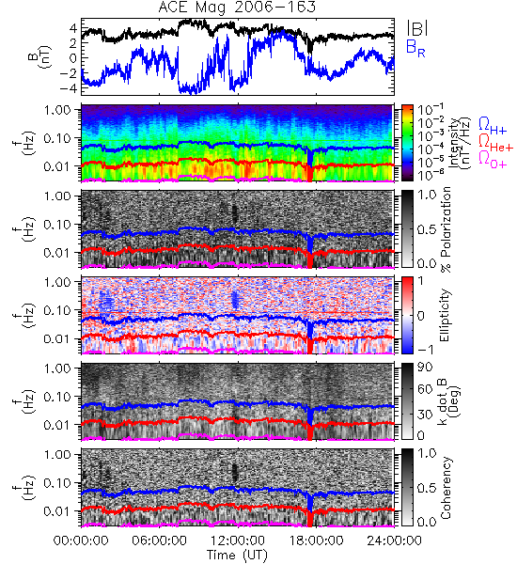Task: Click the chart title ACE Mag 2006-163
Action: pyautogui.click(x=237, y=8)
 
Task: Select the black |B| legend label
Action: pyautogui.click(x=417, y=28)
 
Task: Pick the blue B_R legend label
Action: pyautogui.click(x=415, y=48)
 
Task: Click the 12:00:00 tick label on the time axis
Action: pyautogui.click(x=238, y=540)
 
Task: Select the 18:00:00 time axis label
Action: pyautogui.click(x=316, y=540)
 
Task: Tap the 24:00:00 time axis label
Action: pyautogui.click(x=394, y=540)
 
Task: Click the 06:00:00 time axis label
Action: pyautogui.click(x=160, y=540)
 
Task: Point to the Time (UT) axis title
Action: pyautogui.click(x=237, y=556)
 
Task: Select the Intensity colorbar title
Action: pyautogui.click(x=462, y=143)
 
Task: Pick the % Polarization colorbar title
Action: pyautogui.click(x=446, y=229)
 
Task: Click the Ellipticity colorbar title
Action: pyautogui.click(x=446, y=315)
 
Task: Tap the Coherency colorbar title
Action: pyautogui.click(x=446, y=488)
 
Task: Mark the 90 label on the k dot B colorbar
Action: pyautogui.click(x=425, y=367)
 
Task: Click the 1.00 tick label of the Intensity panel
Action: pyautogui.click(x=60, y=109)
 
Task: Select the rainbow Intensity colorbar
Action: pyautogui.click(x=407, y=143)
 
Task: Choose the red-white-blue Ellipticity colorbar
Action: pyautogui.click(x=407, y=315)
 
